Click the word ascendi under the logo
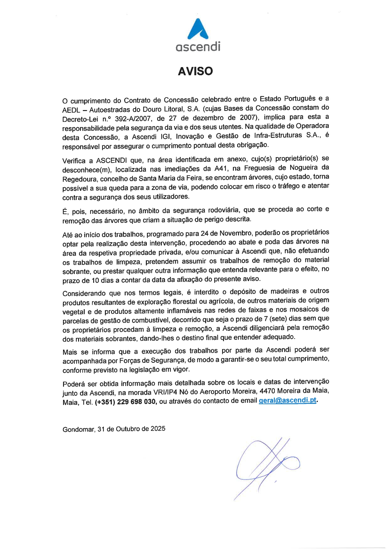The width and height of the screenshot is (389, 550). [198, 47]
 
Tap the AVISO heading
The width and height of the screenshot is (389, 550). [195, 71]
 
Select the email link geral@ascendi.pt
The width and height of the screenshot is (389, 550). [287, 400]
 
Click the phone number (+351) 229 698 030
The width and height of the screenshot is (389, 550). [125, 402]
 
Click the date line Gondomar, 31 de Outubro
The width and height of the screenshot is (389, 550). [114, 429]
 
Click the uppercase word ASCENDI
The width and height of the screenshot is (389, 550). [111, 161]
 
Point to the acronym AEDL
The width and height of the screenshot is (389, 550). [71, 110]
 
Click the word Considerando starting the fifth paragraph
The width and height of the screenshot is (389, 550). [84, 294]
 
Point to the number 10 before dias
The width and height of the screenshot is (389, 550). [95, 280]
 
